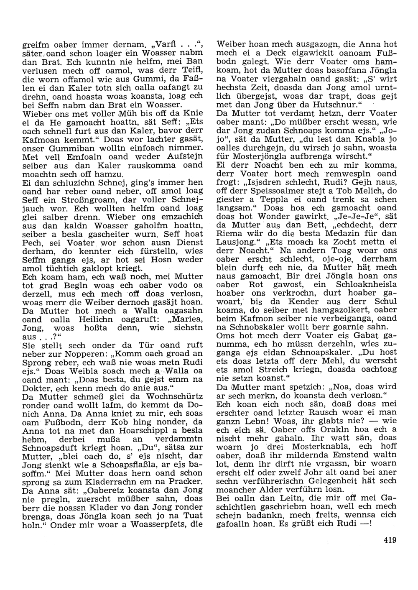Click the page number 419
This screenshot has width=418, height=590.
(389, 540)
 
